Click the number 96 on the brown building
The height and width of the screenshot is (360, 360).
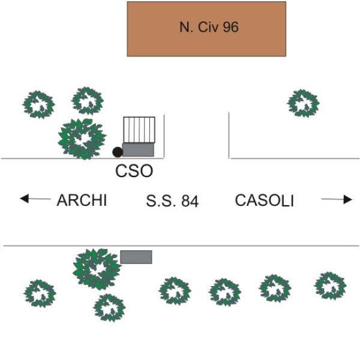(231, 27)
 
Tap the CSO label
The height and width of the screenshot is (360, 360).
(134, 172)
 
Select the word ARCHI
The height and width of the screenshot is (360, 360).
(82, 200)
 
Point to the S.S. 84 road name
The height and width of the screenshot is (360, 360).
(172, 201)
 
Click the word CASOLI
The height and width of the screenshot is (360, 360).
(264, 200)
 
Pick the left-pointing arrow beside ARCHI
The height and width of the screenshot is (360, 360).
(35, 199)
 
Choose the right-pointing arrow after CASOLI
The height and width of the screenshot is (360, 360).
(337, 200)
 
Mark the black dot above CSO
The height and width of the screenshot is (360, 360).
(118, 152)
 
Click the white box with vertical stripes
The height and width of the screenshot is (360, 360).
(139, 128)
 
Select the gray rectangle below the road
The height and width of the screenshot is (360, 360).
(136, 257)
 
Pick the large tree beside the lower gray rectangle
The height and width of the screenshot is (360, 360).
(97, 268)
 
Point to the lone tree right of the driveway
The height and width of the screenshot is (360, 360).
(303, 103)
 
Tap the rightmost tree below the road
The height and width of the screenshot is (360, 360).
(330, 286)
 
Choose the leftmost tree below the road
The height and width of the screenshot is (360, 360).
(40, 293)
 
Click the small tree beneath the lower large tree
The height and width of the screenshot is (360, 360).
(109, 307)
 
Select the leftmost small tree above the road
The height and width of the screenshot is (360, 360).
(39, 104)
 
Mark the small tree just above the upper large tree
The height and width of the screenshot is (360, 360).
(88, 100)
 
